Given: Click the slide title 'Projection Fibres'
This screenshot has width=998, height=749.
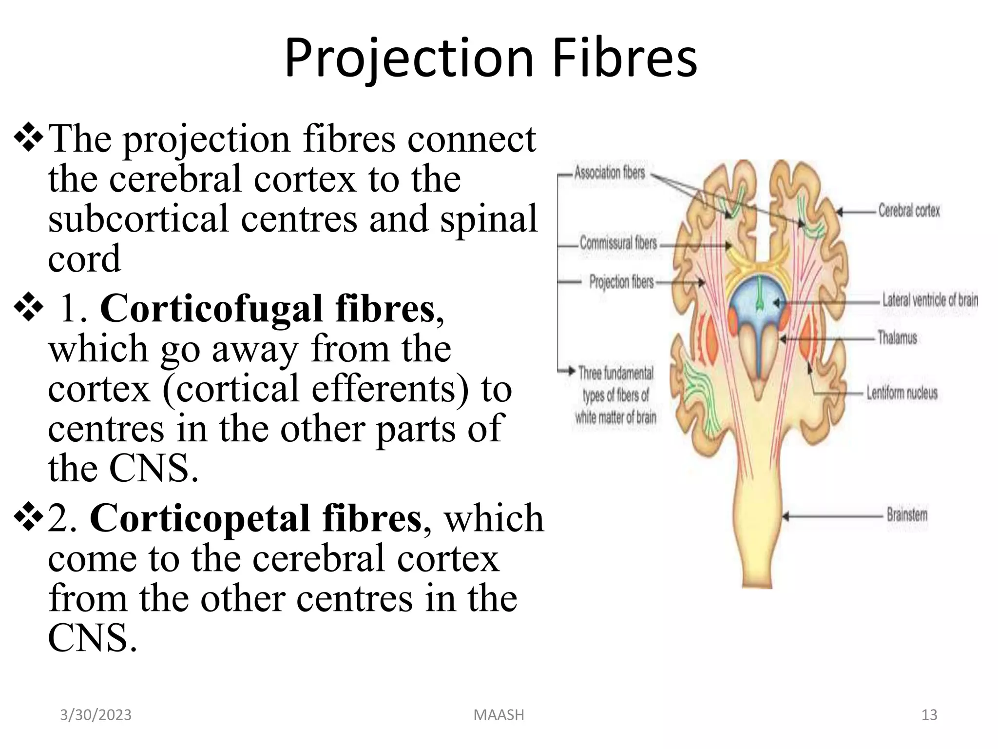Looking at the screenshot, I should pyautogui.click(x=491, y=59).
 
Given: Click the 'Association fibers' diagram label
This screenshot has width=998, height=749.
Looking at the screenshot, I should pyautogui.click(x=609, y=173).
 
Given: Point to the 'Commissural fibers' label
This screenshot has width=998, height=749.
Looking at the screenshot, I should pyautogui.click(x=618, y=243).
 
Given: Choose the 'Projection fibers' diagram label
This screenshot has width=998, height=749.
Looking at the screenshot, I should pyautogui.click(x=621, y=282).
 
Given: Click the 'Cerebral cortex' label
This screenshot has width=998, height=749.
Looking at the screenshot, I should pyautogui.click(x=909, y=211).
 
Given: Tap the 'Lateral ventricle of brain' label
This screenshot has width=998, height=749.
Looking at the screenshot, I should pyautogui.click(x=930, y=300).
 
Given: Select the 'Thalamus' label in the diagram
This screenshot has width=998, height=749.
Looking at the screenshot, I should pyautogui.click(x=897, y=337).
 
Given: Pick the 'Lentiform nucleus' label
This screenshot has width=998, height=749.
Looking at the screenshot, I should pyautogui.click(x=902, y=393).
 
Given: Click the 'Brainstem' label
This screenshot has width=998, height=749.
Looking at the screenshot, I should pyautogui.click(x=907, y=515).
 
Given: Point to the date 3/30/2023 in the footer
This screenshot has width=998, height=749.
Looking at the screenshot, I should pyautogui.click(x=96, y=715).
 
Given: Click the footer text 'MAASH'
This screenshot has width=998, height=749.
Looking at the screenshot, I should pyautogui.click(x=499, y=715).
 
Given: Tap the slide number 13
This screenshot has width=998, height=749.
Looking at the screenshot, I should pyautogui.click(x=929, y=715).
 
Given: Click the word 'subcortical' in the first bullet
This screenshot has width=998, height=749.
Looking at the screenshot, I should pyautogui.click(x=138, y=219).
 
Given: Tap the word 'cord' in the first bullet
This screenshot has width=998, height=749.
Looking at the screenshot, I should pyautogui.click(x=84, y=259).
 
